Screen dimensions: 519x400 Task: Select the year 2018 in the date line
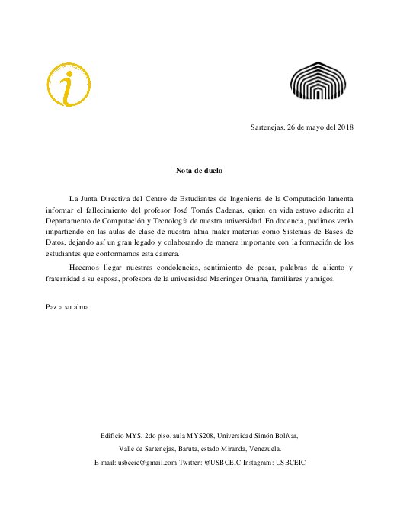(344, 127)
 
